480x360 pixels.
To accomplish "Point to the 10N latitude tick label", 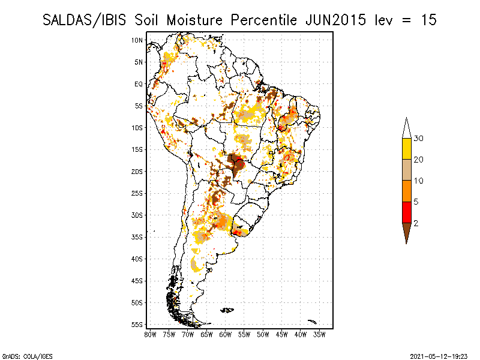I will pos(137,40).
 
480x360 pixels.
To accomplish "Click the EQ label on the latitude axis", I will pos(138,84).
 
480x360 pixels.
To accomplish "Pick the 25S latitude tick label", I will pos(137,193).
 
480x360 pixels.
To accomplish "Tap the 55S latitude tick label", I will pos(137,325).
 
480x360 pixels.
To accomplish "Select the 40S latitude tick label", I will pos(137,259).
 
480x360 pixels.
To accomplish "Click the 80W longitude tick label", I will pos(150,334).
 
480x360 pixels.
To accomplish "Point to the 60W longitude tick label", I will pos(226,334).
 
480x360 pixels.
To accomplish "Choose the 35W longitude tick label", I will pos(320,334).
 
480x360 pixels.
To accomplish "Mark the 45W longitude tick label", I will pos(282,334).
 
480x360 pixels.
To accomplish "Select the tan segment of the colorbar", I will pos(406,170).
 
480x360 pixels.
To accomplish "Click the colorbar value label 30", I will pos(419,139).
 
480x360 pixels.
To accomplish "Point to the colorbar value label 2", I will pos(416,223).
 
